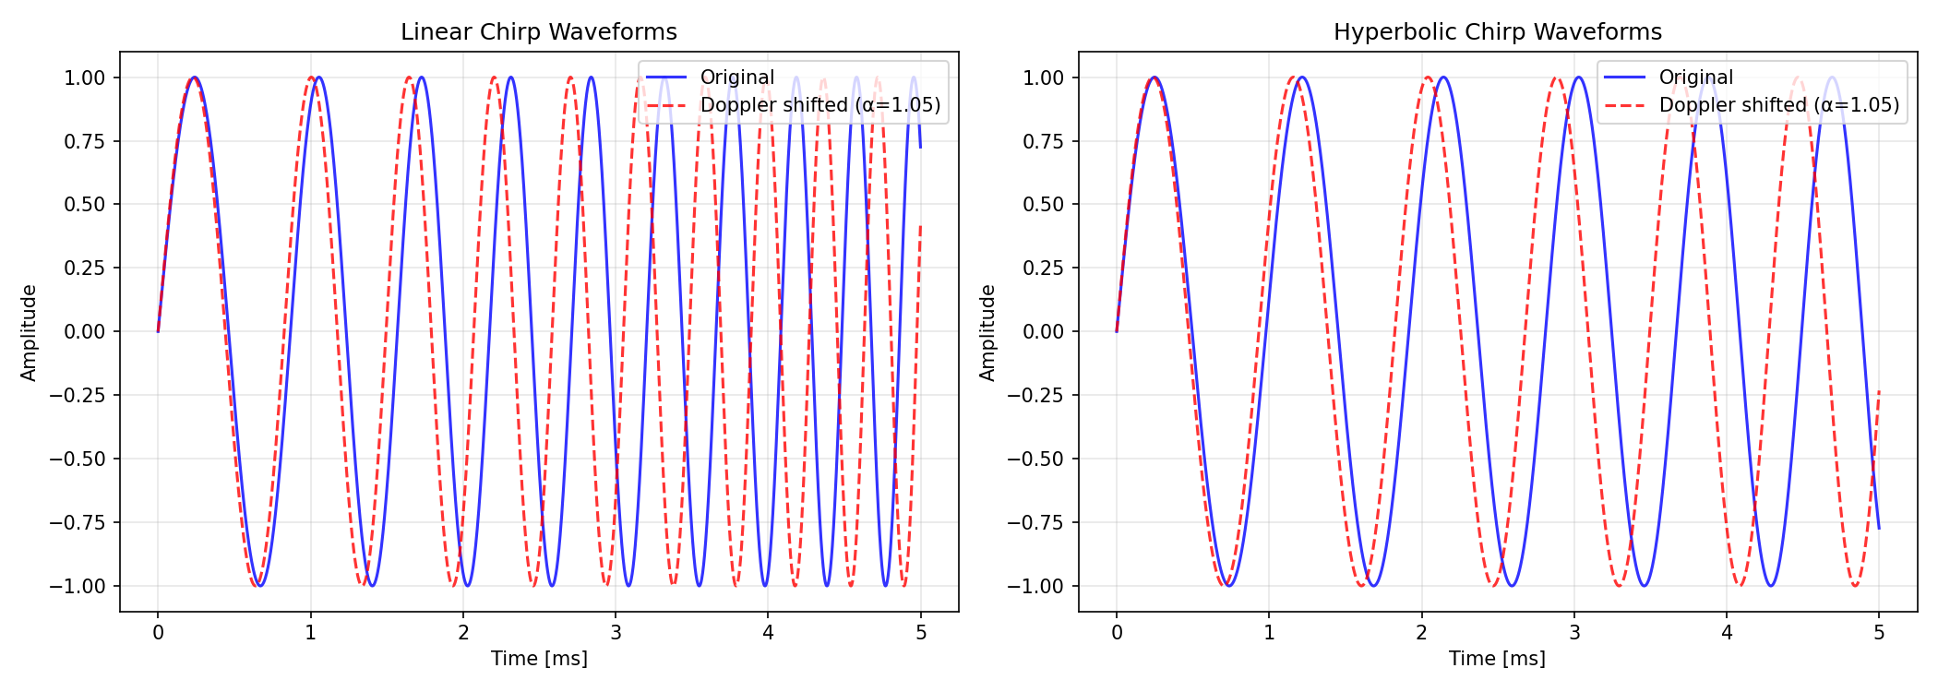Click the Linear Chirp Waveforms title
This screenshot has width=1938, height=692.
(x=538, y=32)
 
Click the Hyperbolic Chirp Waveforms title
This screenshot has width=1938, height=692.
(x=1497, y=32)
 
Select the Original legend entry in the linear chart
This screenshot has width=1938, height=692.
(x=736, y=78)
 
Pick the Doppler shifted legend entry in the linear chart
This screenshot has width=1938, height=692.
(x=819, y=105)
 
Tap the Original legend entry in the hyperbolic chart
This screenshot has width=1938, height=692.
(x=1695, y=78)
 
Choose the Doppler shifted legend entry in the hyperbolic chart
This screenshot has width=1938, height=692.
(x=1778, y=105)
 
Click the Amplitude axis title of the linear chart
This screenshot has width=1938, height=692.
(x=30, y=332)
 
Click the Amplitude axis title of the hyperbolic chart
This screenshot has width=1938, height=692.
(x=988, y=332)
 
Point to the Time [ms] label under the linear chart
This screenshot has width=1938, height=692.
(x=539, y=659)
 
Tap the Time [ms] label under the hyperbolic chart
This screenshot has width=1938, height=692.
(x=1497, y=659)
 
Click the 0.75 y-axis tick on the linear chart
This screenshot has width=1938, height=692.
(x=84, y=141)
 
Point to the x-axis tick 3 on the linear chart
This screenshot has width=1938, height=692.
(x=616, y=633)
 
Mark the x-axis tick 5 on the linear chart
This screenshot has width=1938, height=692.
(x=921, y=633)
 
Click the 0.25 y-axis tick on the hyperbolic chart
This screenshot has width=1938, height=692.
(x=1043, y=268)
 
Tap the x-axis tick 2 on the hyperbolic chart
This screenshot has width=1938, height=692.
(x=1422, y=633)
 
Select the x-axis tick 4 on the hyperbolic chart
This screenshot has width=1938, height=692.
(x=1727, y=633)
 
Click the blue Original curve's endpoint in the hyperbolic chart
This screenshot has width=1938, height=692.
(x=1879, y=529)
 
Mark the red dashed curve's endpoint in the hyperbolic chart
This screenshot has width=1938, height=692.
(x=1879, y=391)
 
